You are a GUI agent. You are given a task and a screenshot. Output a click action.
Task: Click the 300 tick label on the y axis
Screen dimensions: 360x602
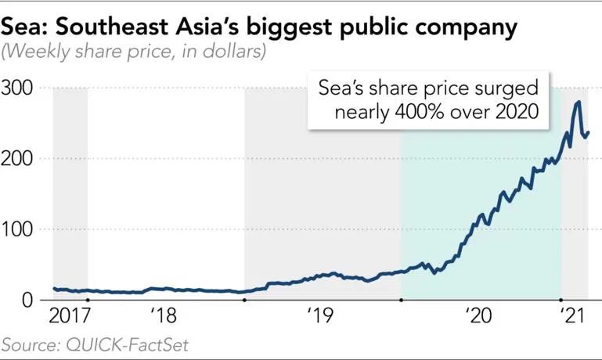point(20,88)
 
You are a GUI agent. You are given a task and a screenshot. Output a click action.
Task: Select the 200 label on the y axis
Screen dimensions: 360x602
point(20,158)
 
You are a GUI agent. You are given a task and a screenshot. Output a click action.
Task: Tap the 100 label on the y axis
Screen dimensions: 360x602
point(20,229)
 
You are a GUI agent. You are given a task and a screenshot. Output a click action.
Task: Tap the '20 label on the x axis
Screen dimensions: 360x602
point(477,317)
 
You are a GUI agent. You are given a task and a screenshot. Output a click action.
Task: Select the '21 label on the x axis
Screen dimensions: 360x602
point(574,317)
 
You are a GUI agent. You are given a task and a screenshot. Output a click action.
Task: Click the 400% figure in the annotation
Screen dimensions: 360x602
point(403,112)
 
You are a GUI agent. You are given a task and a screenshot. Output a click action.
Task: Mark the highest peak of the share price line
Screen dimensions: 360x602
point(578,103)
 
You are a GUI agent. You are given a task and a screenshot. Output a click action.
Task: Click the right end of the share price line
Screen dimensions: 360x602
point(588,131)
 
